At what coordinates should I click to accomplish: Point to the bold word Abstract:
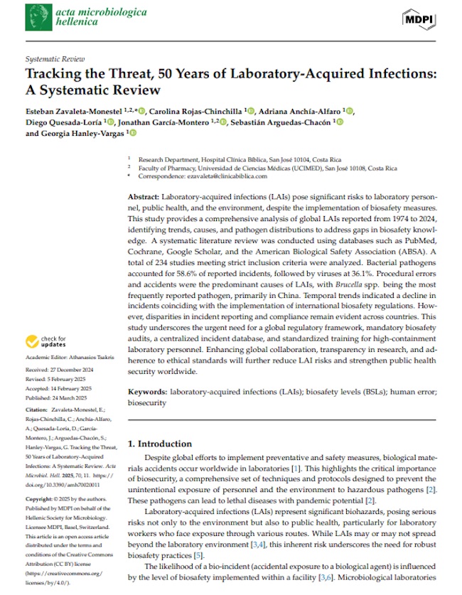click(x=144, y=195)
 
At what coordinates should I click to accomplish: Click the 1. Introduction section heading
click(x=159, y=444)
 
